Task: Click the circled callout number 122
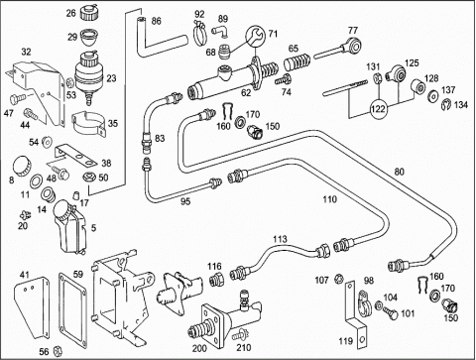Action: pos(379,108)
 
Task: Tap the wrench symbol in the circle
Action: pos(256,35)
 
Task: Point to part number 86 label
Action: pos(156,21)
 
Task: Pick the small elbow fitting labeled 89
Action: pos(219,32)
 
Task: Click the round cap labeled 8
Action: pos(22,166)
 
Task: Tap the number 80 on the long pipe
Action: pos(400,172)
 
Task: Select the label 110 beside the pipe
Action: pos(329,199)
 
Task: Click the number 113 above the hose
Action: pos(280,239)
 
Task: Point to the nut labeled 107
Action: pos(337,279)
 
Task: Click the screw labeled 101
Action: pos(391,312)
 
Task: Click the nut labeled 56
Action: pos(58,351)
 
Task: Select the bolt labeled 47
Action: pos(17,98)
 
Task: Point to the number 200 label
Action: pos(199,348)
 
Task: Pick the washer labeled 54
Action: pos(48,142)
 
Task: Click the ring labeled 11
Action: pos(36,181)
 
